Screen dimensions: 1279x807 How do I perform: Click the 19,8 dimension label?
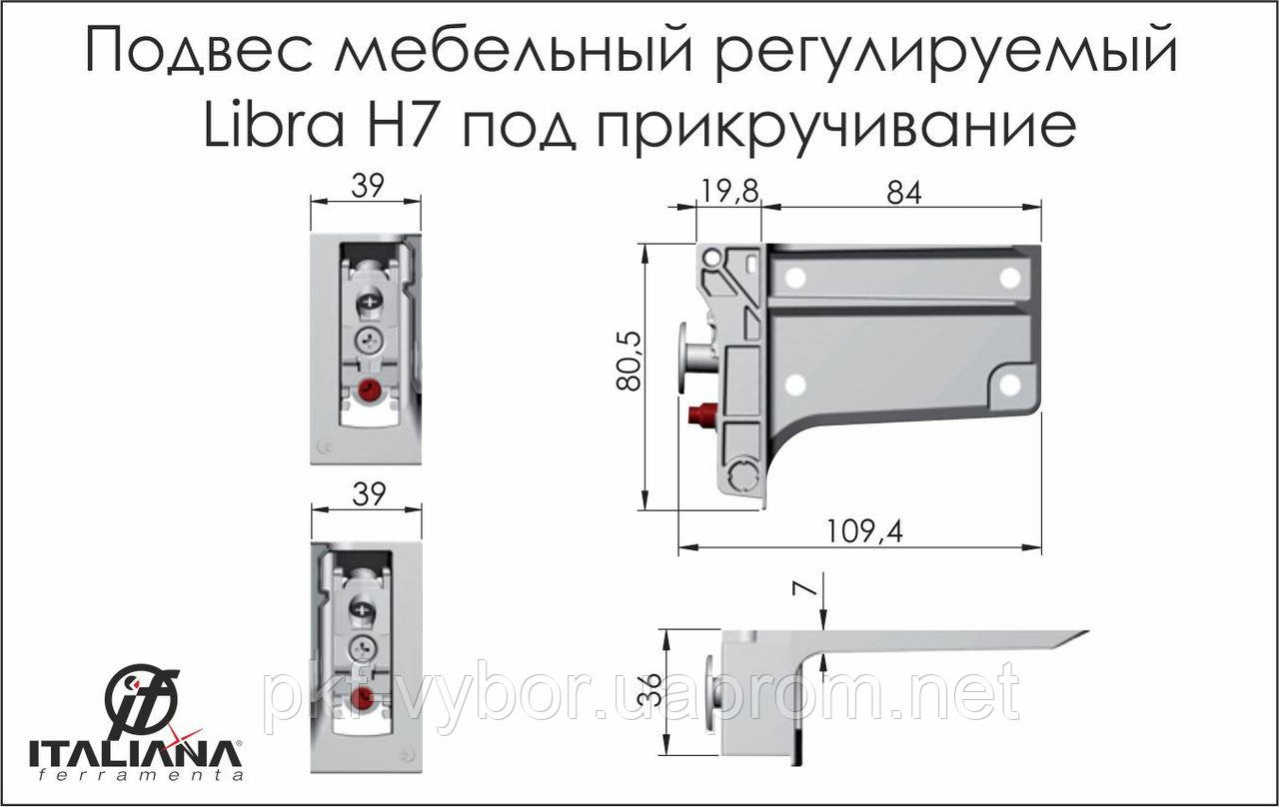(729, 192)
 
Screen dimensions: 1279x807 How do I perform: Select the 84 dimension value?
(904, 194)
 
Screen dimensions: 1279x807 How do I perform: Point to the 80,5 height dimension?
(630, 362)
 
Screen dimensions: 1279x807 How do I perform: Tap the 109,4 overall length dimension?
(864, 532)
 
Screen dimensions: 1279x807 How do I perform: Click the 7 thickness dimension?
(807, 597)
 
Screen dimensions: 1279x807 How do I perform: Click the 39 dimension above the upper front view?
(368, 186)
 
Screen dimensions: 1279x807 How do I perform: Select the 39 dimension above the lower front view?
(369, 494)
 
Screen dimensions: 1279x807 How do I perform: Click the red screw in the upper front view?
(369, 391)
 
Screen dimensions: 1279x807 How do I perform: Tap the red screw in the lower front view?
(363, 698)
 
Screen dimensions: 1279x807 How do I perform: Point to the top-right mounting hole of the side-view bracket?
(1009, 278)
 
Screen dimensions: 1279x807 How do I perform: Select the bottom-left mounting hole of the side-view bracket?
(794, 385)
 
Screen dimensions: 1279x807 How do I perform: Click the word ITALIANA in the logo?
(135, 754)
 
